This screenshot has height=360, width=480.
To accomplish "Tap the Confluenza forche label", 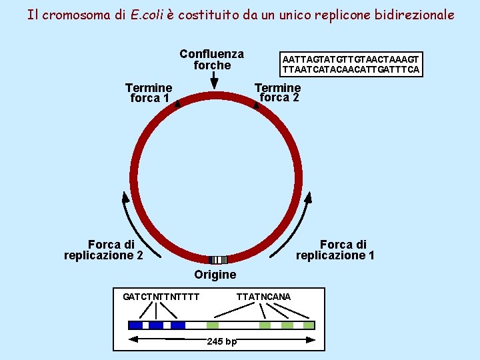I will point(211,59).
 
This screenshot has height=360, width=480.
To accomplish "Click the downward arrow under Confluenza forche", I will point(213,80).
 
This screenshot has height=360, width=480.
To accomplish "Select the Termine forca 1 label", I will point(149,93).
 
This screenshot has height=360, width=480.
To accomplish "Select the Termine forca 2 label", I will point(278,92).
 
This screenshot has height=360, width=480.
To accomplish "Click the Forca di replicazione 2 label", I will point(103,249).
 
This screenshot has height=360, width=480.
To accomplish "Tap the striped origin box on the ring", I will point(217,260).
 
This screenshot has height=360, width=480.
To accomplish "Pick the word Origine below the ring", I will point(215,275).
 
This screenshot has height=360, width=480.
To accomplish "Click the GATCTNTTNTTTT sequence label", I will point(161,296).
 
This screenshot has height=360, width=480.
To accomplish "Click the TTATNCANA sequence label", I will point(263,296).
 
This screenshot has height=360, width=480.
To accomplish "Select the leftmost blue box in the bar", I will point(135,325).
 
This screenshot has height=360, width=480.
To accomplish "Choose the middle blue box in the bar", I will point(156,325).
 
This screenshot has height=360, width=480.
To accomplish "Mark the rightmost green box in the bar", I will point(308,325).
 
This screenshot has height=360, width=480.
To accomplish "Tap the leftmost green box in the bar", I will point(213,325).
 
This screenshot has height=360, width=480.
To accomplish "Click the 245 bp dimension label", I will point(221,341).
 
